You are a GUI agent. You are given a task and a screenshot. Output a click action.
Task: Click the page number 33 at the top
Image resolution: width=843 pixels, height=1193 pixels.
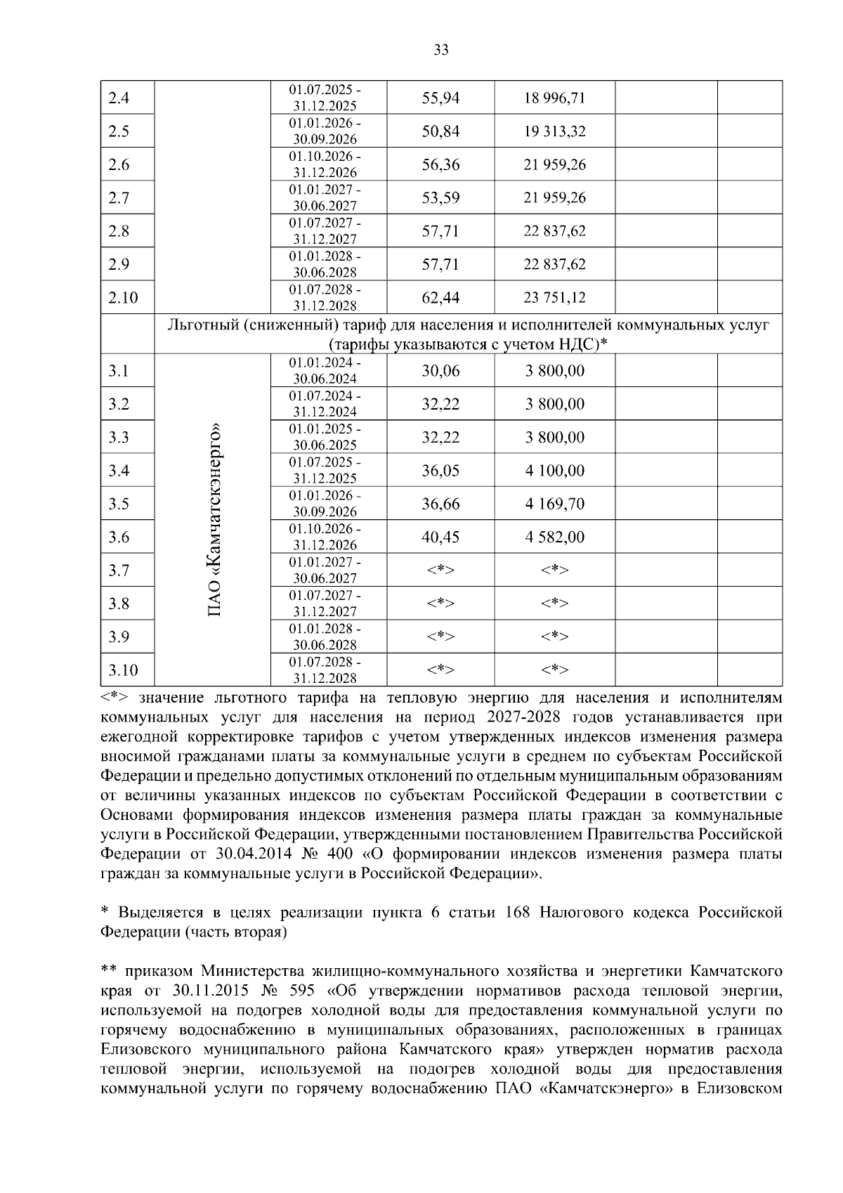(x=441, y=50)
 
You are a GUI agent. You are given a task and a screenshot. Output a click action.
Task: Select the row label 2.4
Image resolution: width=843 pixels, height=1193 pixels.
(x=119, y=98)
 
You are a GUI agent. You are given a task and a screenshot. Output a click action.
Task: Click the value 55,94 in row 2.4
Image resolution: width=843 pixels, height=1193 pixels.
(x=440, y=98)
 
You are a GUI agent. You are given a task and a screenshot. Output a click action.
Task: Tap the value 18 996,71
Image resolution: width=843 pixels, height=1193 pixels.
(x=554, y=98)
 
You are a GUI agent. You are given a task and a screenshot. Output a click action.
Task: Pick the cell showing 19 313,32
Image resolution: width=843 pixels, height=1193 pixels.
(x=554, y=131)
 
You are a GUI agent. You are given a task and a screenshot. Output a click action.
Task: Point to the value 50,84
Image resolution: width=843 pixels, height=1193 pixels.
(x=440, y=131)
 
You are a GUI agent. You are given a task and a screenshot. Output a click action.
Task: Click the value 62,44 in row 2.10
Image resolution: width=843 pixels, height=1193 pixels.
(x=440, y=298)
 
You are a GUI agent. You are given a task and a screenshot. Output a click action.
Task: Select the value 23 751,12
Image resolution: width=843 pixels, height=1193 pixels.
(x=554, y=298)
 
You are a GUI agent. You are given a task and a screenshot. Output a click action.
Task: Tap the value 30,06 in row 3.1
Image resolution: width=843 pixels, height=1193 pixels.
(x=440, y=371)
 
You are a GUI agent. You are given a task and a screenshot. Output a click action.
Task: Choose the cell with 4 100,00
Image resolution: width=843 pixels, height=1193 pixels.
(x=554, y=471)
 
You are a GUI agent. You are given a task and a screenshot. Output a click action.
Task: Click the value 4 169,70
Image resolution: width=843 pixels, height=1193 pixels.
(x=554, y=504)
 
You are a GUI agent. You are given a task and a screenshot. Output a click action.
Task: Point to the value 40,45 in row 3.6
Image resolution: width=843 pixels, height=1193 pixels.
(x=440, y=537)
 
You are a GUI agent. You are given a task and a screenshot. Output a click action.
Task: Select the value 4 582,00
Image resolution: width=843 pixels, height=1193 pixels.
(x=554, y=537)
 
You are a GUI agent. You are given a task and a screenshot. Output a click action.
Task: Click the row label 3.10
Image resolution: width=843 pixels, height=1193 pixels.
(x=122, y=670)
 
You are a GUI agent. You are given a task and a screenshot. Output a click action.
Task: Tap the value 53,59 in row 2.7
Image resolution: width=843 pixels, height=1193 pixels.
(x=440, y=198)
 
